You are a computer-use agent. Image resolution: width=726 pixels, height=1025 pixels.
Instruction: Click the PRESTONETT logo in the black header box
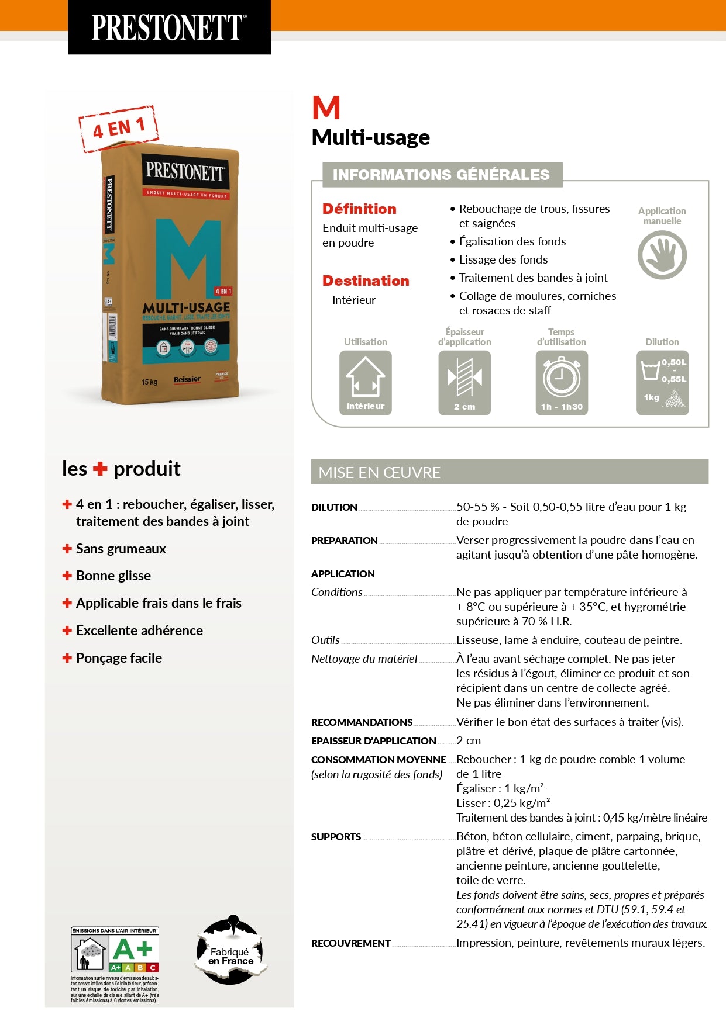click(x=168, y=27)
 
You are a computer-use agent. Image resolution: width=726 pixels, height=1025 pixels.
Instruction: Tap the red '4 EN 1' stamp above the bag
click(x=119, y=128)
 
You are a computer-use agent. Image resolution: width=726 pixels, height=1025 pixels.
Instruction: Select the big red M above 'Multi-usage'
click(x=326, y=108)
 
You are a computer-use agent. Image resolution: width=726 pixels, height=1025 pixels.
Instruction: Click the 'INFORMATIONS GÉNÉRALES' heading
click(x=441, y=175)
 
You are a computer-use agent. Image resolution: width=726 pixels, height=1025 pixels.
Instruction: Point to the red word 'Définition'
click(x=359, y=209)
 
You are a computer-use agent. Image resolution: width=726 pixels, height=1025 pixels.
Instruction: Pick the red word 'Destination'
click(x=366, y=281)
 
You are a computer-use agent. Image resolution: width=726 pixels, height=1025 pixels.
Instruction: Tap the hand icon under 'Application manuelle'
click(x=662, y=255)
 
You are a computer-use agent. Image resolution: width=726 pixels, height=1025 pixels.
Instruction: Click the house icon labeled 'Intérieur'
click(x=366, y=382)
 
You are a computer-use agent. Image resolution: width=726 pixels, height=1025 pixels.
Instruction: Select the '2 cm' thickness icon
click(x=464, y=382)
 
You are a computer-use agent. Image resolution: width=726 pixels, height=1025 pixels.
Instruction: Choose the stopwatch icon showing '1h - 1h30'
click(x=562, y=382)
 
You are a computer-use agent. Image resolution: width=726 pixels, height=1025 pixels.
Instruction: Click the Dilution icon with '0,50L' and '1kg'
click(x=662, y=382)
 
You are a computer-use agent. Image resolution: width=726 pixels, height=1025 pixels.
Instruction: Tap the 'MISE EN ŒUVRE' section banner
click(x=509, y=472)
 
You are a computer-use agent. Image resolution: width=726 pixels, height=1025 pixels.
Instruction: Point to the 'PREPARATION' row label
click(x=344, y=541)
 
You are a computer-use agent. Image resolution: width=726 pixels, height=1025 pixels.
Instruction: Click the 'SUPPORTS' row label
click(x=336, y=837)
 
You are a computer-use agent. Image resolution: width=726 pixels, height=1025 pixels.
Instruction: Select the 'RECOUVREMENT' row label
click(x=350, y=943)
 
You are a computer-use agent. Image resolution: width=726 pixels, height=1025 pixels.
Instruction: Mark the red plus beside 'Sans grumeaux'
click(x=67, y=549)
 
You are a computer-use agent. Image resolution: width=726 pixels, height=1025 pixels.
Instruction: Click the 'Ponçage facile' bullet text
click(x=119, y=658)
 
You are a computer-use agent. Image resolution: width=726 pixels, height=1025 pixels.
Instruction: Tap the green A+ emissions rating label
click(x=133, y=950)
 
